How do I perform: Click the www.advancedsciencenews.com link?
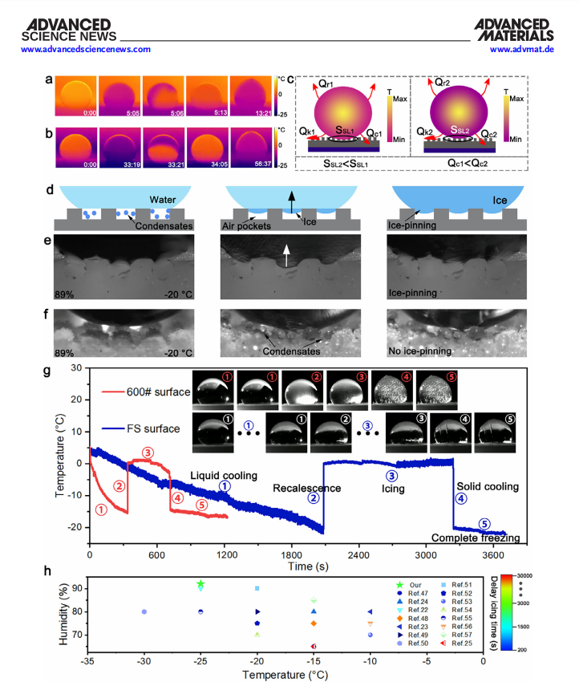86,49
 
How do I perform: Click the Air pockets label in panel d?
243,225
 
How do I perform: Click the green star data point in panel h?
200,584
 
